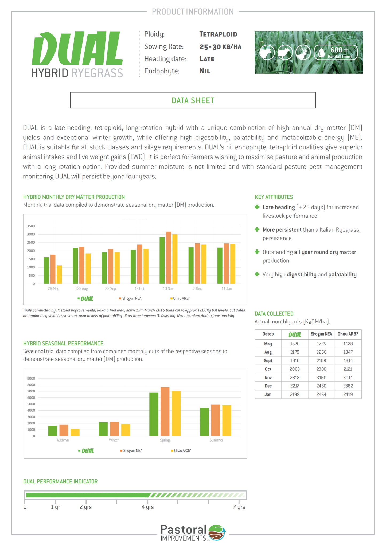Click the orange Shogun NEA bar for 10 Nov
click(168, 258)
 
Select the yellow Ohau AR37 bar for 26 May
click(59, 275)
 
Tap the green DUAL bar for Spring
click(154, 414)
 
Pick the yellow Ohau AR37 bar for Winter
click(126, 430)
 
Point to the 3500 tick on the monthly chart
click(31, 226)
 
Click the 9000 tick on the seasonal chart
click(31, 379)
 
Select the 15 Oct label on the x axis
click(139, 289)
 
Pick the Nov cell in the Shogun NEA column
click(321, 377)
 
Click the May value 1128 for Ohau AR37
click(348, 344)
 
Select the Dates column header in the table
click(268, 334)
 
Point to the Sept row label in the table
click(268, 361)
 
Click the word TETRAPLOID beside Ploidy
click(218, 34)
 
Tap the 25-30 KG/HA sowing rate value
click(220, 47)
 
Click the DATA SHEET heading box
click(193, 100)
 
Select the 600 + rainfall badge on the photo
click(336, 52)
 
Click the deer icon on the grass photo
click(303, 52)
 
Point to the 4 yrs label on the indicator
click(148, 507)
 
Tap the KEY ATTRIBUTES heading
click(274, 197)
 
